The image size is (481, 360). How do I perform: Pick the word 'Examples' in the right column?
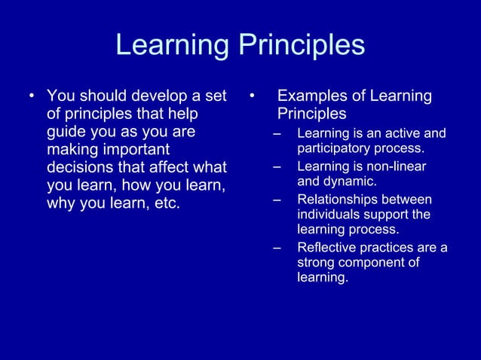[309, 96]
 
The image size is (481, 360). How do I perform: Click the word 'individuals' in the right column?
[329, 215]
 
